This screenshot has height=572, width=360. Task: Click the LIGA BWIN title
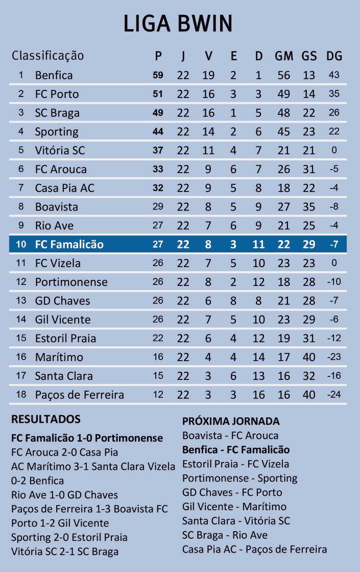point(179,25)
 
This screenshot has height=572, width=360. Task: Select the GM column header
point(283,56)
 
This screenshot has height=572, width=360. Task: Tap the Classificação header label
point(47,55)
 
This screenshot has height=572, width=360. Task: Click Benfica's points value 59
point(158,75)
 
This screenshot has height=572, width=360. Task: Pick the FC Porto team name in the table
point(57,94)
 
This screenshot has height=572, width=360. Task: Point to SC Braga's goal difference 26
point(334,112)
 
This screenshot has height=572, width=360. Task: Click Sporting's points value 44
point(158,131)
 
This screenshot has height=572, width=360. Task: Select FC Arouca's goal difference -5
point(334,169)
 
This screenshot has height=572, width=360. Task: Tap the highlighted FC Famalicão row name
point(69,244)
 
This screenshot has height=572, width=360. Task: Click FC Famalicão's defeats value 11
point(258,244)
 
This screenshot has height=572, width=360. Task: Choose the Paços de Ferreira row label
point(79,395)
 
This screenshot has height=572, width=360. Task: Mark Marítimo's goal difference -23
point(334,357)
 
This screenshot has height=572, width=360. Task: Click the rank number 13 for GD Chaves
point(21,300)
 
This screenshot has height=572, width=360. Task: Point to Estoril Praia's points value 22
point(158,338)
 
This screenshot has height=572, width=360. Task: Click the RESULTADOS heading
point(46,419)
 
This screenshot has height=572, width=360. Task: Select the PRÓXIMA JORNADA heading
point(231,421)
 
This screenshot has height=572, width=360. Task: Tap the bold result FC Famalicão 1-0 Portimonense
point(87,438)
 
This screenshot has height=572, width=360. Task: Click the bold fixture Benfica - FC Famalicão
point(236,450)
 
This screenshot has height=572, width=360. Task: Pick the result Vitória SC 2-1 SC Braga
point(65,552)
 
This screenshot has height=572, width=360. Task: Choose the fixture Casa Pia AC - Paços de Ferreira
point(254,550)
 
